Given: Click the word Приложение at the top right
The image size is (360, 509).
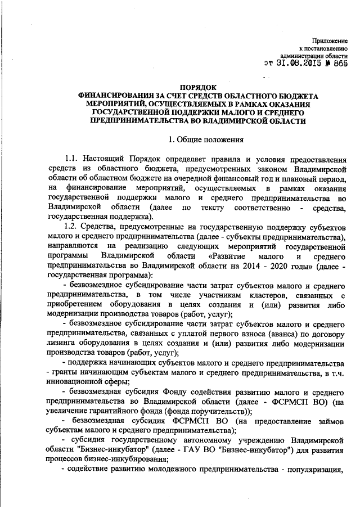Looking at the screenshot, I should point(332,41).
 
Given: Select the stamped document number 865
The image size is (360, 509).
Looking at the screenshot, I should point(340,64).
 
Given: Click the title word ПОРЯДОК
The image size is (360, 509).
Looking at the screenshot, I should point(198,88).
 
